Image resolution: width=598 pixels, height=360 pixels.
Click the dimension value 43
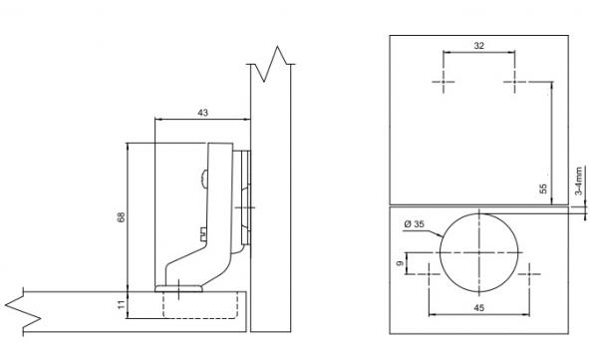203,113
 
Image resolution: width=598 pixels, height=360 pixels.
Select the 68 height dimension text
121,217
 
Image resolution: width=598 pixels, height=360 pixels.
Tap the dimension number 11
121,304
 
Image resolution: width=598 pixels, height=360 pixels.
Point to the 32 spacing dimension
478,46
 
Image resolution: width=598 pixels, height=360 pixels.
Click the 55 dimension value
543,188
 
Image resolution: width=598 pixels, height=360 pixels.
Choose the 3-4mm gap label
579,180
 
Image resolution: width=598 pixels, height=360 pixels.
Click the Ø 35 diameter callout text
414,224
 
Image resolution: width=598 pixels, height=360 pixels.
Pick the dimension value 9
400,263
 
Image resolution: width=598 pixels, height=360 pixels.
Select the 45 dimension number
479,308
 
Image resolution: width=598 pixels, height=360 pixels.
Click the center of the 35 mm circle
479,252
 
